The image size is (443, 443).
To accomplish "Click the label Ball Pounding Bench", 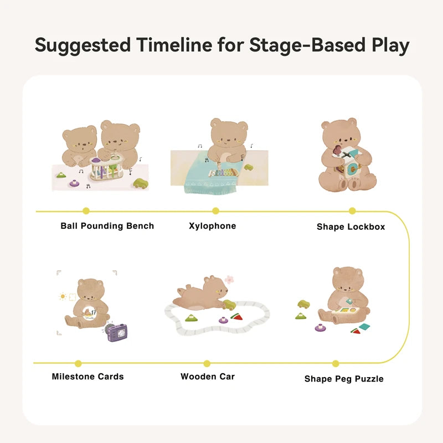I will [x=107, y=226].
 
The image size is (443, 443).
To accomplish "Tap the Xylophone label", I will [x=212, y=226].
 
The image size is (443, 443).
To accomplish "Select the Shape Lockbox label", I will [x=351, y=226].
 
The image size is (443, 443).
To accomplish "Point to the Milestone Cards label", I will [x=87, y=377].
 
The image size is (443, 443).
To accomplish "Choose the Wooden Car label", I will [x=208, y=377].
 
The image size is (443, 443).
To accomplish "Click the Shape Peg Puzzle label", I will [x=344, y=379].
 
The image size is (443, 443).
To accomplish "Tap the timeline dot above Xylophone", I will [x=215, y=210].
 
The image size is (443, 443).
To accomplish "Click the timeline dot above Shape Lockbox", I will [x=352, y=210].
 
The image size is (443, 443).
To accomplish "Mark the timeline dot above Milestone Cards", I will [x=78, y=363].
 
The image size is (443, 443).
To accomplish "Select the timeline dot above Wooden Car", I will [x=207, y=363].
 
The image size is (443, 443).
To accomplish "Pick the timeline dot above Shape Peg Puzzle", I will [x=336, y=363].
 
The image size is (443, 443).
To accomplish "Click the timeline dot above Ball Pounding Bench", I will [x=86, y=210].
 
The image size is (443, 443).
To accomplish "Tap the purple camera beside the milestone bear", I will [x=117, y=332].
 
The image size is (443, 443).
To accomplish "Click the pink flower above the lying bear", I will [x=229, y=280].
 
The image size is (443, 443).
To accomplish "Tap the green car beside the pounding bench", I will [x=142, y=183].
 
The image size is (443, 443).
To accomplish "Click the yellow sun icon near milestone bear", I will [x=63, y=296].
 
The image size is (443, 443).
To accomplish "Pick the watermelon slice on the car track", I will [x=237, y=317].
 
